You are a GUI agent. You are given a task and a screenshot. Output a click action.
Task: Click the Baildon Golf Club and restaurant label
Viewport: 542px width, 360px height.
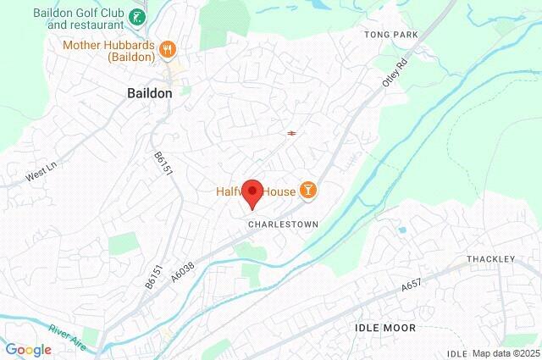[x=80, y=19]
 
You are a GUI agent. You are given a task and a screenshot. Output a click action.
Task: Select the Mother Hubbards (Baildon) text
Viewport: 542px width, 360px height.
[x=108, y=51]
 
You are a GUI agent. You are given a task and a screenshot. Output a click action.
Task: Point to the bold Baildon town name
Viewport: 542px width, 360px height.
[x=149, y=93]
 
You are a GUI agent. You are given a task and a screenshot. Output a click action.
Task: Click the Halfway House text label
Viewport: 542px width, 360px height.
[x=254, y=191]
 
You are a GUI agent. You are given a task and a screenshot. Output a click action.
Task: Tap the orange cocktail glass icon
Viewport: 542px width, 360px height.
[x=308, y=191]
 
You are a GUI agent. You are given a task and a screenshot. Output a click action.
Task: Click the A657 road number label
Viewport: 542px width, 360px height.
[x=411, y=288]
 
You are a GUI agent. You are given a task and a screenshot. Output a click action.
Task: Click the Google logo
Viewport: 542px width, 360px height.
[x=28, y=350]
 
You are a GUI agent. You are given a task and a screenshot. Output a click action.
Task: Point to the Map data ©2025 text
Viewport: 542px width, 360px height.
[x=505, y=353]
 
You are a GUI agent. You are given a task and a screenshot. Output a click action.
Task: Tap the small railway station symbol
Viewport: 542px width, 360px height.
[x=291, y=133]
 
